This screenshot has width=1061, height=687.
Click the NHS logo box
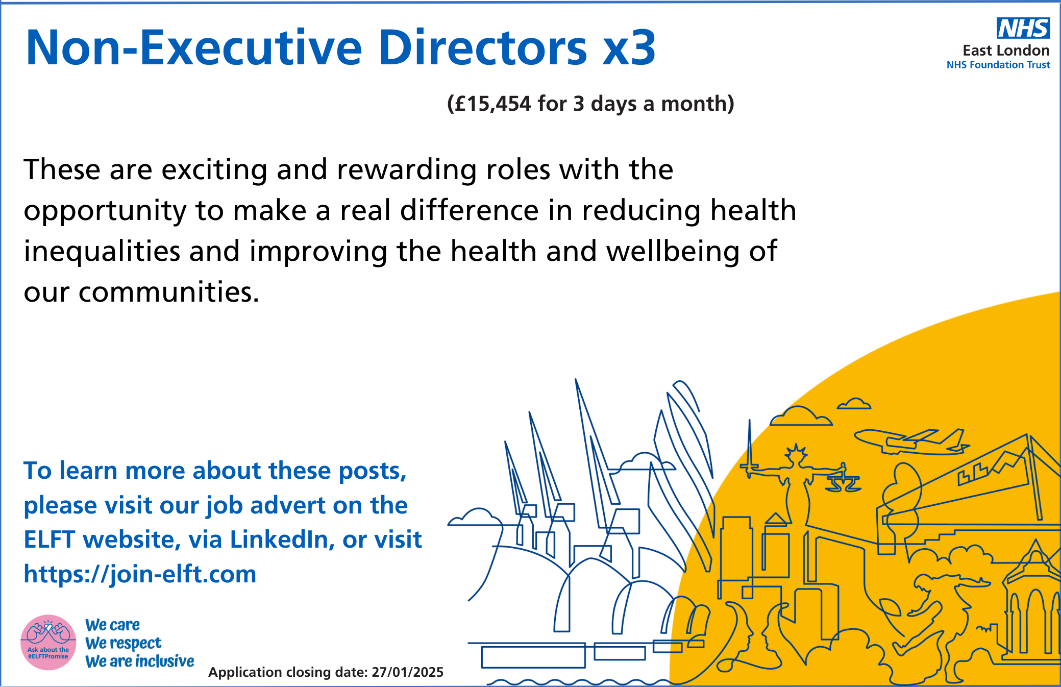(x=1023, y=28)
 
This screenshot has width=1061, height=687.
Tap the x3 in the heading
(x=629, y=48)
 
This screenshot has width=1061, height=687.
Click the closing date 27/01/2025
(x=407, y=672)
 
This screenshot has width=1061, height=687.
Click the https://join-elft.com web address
(x=140, y=574)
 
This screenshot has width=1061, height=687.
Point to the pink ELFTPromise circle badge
(x=48, y=642)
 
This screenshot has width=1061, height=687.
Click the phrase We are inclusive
(x=139, y=661)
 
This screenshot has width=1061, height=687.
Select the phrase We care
(x=112, y=625)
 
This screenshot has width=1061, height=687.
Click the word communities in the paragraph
(x=169, y=292)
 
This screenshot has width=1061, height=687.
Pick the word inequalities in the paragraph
(x=102, y=251)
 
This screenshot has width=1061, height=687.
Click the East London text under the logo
(x=1006, y=50)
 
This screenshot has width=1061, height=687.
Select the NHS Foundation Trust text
(x=998, y=65)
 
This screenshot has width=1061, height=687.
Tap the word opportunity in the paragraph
(x=105, y=211)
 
